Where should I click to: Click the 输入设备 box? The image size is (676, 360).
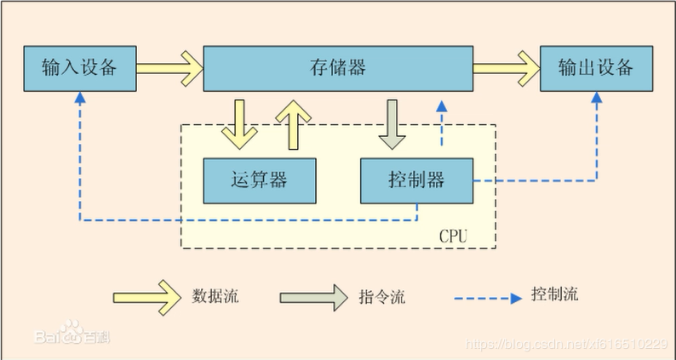pyautogui.click(x=79, y=68)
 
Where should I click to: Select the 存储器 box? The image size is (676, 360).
pyautogui.click(x=338, y=68)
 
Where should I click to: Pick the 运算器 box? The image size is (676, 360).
pyautogui.click(x=258, y=180)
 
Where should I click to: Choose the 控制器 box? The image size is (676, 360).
pyautogui.click(x=415, y=180)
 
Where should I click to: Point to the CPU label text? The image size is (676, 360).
pyautogui.click(x=453, y=235)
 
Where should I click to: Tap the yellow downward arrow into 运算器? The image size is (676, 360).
pyautogui.click(x=238, y=123)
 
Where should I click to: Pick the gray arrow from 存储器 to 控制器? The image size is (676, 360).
pyautogui.click(x=392, y=123)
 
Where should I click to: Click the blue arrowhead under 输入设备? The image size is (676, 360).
pyautogui.click(x=79, y=98)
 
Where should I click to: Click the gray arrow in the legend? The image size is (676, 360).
pyautogui.click(x=314, y=297)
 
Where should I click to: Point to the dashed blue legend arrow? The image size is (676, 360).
pyautogui.click(x=487, y=298)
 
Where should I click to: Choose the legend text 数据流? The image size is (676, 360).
pyautogui.click(x=215, y=297)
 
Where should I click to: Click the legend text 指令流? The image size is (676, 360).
pyautogui.click(x=381, y=297)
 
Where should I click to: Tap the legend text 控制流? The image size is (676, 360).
pyautogui.click(x=554, y=294)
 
